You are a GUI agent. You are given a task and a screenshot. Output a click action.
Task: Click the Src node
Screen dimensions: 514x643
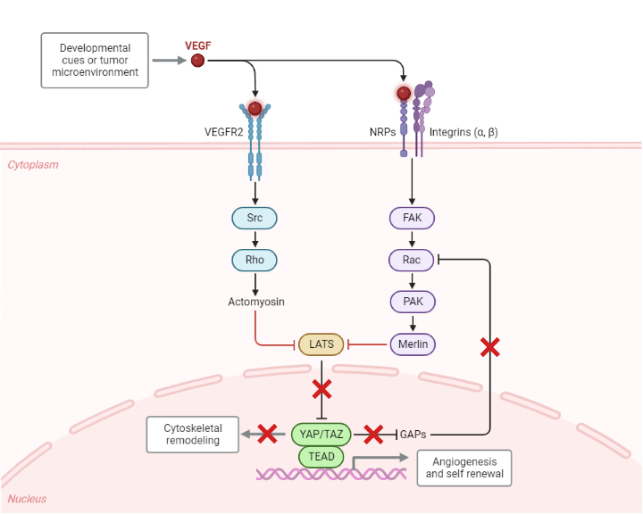coord(255,217)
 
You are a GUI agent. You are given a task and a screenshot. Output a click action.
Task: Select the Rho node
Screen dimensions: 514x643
coord(255,260)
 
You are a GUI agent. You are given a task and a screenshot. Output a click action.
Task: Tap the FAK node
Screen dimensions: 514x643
coord(412,217)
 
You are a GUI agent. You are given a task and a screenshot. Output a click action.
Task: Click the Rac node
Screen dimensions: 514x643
coord(412,260)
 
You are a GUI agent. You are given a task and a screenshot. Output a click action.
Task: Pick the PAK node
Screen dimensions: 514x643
coord(412,302)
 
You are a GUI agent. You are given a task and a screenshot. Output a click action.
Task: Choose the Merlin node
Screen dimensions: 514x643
coord(412,344)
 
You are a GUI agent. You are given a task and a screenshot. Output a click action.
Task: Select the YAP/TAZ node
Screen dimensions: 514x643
coord(321,435)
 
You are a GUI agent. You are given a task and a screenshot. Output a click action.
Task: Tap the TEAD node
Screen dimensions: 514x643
coord(321,456)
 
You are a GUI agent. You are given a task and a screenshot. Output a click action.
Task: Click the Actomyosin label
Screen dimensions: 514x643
coord(255,302)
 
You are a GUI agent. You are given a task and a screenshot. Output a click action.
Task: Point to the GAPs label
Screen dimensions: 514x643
coord(413,435)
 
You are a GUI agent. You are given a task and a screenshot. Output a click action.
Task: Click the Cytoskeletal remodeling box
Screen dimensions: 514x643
coord(192,435)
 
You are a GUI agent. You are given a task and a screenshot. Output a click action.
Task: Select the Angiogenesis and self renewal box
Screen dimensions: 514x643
coord(464,468)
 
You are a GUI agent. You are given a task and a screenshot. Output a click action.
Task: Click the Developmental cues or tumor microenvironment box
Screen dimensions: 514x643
coord(95,60)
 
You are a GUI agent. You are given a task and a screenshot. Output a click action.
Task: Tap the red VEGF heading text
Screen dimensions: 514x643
coord(197,45)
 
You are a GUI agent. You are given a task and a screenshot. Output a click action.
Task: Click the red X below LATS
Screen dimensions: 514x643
coord(321,389)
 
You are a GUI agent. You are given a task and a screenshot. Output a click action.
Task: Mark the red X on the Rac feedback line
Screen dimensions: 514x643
coord(489,346)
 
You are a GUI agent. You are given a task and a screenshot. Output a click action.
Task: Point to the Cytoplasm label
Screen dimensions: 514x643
coord(32,164)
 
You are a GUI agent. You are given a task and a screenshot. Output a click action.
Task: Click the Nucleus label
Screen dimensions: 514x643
coord(27,499)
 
